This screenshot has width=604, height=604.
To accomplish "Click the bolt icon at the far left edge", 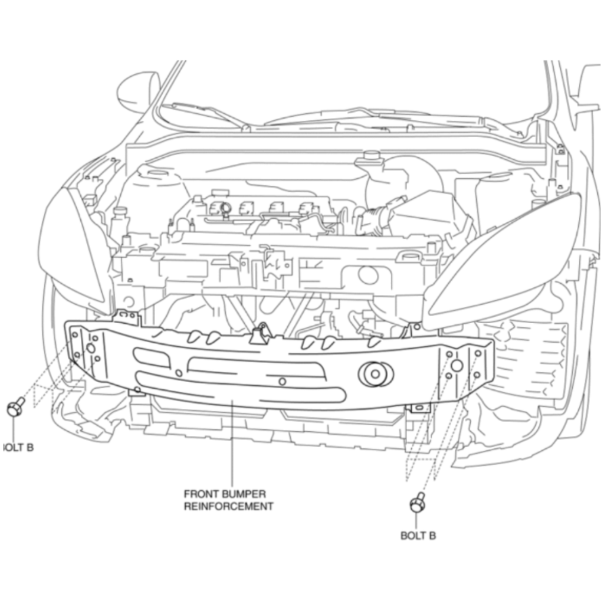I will coord(15,406).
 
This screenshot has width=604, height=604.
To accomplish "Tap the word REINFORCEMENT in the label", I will coord(228,506).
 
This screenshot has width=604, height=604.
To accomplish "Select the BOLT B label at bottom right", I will coord(418,536).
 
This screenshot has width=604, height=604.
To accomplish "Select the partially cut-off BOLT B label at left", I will coord(18,447).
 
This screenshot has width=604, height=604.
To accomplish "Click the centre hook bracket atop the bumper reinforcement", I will coord(260,334).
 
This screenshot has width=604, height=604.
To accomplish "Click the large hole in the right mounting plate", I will coord(457,365).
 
